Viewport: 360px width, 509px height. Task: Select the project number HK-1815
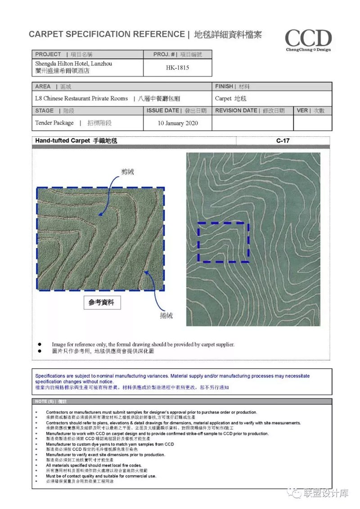point(177,68)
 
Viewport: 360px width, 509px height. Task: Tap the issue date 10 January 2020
point(178,123)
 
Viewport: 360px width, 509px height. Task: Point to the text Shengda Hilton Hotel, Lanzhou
point(74,64)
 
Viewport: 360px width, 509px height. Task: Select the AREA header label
point(43,86)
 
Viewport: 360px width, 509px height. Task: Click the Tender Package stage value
point(54,122)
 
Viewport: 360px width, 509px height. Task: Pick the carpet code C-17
point(283,141)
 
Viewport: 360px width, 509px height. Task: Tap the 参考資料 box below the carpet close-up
point(102,302)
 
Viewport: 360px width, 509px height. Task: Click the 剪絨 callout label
point(127,172)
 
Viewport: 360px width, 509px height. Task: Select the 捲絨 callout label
point(166,315)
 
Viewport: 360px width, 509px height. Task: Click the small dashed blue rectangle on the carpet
point(224,242)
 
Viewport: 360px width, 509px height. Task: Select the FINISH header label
point(224,86)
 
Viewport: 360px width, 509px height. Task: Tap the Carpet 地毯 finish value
point(231,99)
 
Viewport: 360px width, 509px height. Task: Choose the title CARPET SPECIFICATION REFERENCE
point(107,34)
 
